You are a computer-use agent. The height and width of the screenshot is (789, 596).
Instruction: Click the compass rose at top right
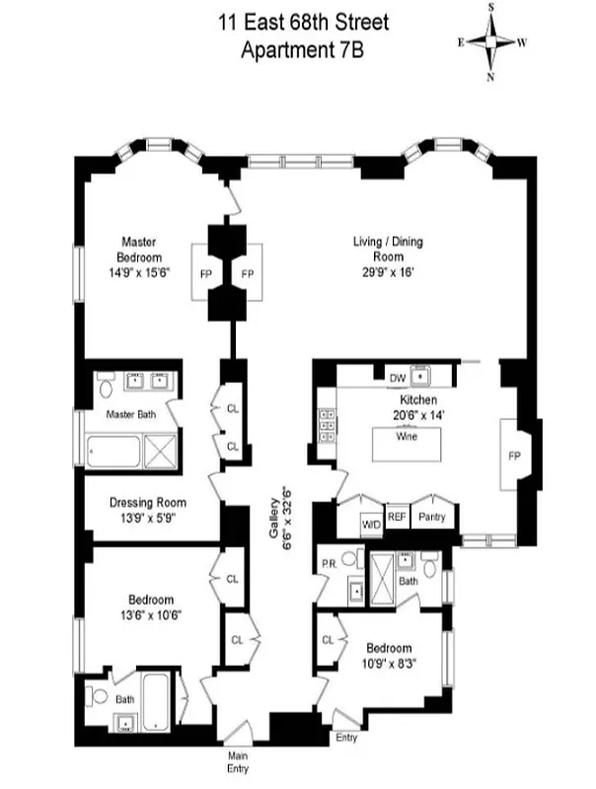[x=490, y=41]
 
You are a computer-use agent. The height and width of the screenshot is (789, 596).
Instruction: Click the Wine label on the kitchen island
[x=406, y=436]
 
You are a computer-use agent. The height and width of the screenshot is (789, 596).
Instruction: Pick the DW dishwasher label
[x=398, y=378]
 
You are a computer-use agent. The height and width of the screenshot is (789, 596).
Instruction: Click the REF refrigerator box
[x=397, y=517]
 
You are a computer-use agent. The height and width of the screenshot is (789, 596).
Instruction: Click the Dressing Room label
[x=147, y=510]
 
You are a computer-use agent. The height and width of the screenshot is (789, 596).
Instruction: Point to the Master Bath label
[x=131, y=415]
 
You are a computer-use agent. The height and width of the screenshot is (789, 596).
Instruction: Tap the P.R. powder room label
[x=331, y=567]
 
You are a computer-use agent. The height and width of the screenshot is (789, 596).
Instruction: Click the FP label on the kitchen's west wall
[x=514, y=458]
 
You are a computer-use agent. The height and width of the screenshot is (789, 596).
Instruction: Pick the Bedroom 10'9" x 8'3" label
[x=388, y=655]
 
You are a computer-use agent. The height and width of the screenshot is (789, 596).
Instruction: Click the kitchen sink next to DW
[x=425, y=376]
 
